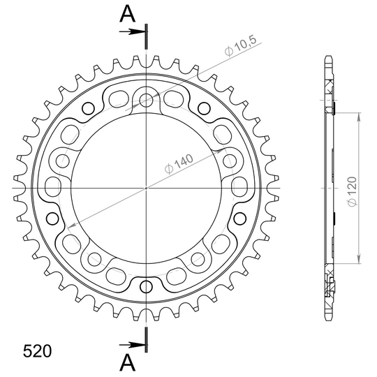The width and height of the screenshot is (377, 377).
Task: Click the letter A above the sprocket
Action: pyautogui.click(x=128, y=14)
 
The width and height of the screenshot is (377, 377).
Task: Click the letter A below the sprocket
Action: pyautogui.click(x=128, y=362)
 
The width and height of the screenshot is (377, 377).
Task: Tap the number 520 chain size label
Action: pyautogui.click(x=37, y=351)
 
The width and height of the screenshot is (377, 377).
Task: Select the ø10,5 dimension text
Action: pyautogui.click(x=240, y=46)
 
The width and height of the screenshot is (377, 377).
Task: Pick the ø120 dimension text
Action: pyautogui.click(x=353, y=191)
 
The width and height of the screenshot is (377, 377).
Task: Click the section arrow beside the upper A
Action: pyautogui.click(x=132, y=31)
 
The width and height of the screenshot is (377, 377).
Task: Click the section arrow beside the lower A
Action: pyautogui.click(x=132, y=346)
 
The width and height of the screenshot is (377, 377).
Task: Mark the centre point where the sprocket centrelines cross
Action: pyautogui.click(x=146, y=188)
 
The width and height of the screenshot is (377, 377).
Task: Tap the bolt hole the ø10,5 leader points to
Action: pyautogui.click(x=146, y=98)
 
